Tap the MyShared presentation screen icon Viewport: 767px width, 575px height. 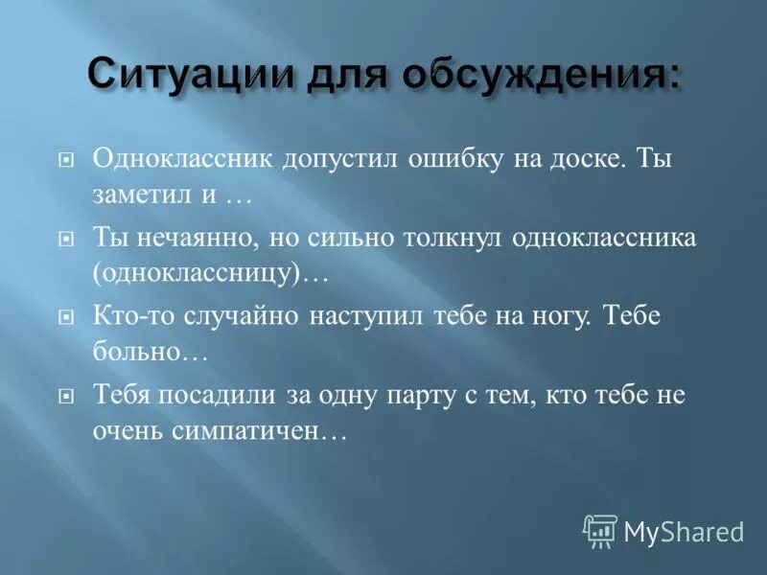pos(600,530)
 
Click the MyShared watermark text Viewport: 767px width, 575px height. pos(684,531)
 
